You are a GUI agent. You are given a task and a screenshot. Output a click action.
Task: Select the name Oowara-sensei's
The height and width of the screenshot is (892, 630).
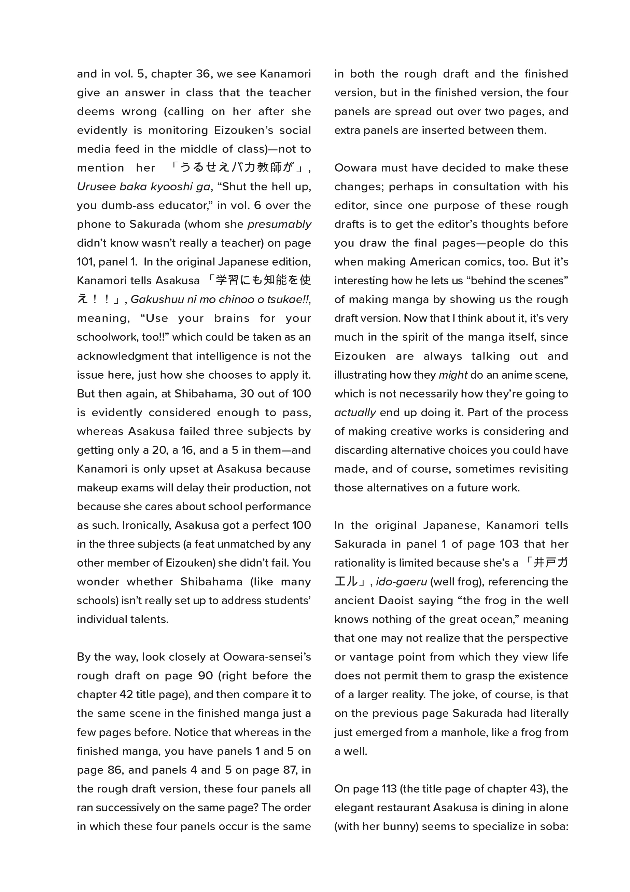pyautogui.click(x=267, y=657)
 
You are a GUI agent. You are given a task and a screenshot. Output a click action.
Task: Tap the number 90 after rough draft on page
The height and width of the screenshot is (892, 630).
pyautogui.click(x=205, y=676)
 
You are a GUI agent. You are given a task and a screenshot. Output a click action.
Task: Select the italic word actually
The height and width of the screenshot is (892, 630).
pyautogui.click(x=355, y=413)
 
